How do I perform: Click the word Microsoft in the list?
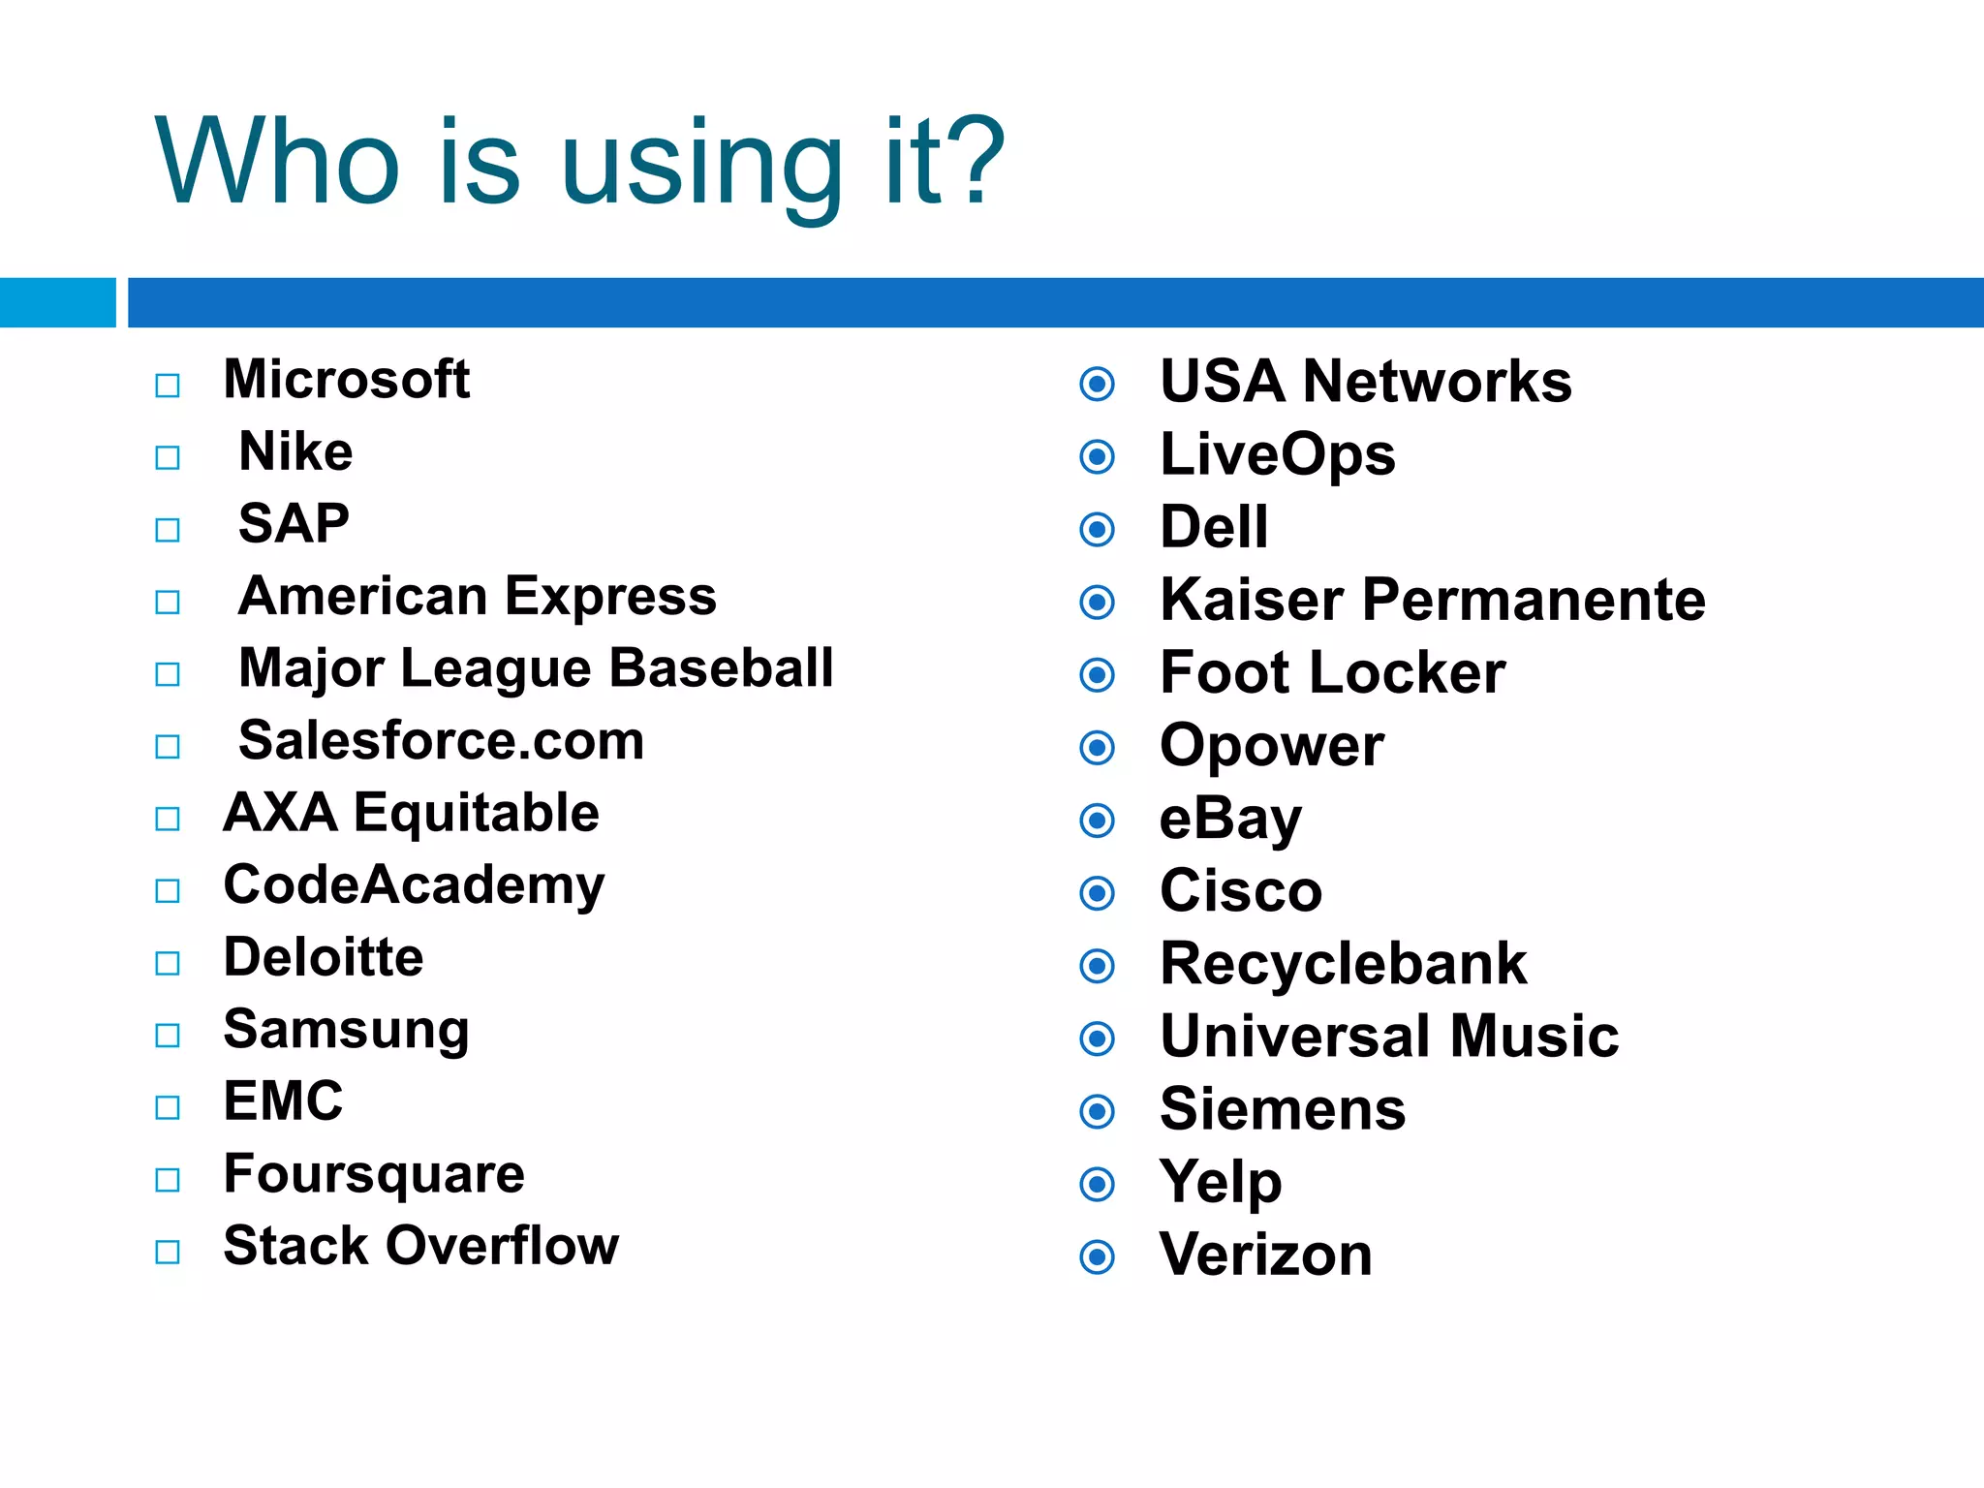[346, 379]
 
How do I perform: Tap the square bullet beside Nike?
[168, 457]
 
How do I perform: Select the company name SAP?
[294, 524]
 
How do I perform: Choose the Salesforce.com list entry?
[441, 741]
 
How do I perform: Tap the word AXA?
[280, 813]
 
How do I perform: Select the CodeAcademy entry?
[414, 886]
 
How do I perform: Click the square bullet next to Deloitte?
[168, 963]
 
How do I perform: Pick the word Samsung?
[346, 1031]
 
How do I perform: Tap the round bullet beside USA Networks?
[1097, 385]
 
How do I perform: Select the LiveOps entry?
[1277, 455]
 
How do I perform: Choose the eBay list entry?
[1230, 820]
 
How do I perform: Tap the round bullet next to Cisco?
[1097, 893]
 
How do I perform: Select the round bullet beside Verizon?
[1097, 1257]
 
